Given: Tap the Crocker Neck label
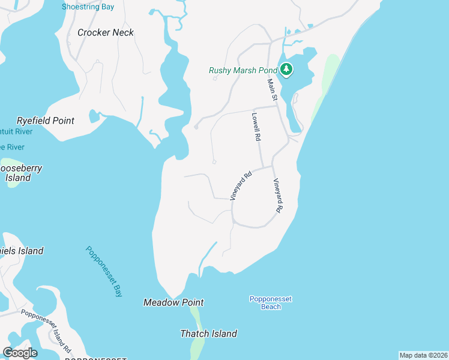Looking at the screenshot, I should click(106, 32).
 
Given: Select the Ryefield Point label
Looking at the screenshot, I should click(46, 121).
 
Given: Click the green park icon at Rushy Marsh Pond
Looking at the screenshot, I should click(286, 70).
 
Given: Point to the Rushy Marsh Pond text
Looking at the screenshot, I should click(243, 70).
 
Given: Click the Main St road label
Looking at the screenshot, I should click(271, 90).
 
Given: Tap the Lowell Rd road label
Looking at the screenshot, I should click(256, 127).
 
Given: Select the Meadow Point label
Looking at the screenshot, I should click(173, 303).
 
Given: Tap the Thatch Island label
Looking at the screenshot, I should click(209, 334).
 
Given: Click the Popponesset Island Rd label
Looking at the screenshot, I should click(47, 330).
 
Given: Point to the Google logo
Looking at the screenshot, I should click(20, 352).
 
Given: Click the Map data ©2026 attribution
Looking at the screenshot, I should click(423, 355).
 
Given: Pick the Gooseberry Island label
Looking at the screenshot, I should click(21, 173).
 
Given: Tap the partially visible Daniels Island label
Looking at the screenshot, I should click(22, 251).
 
